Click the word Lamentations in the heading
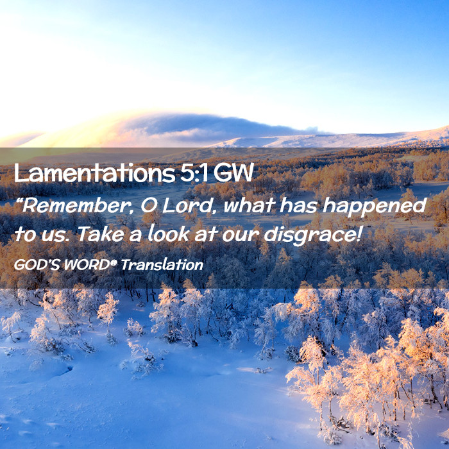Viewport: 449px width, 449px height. (95, 173)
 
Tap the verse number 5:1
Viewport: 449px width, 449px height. (194, 173)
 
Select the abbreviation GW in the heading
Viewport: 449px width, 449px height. (233, 173)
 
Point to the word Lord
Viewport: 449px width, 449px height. (187, 205)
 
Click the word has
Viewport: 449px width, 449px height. (298, 205)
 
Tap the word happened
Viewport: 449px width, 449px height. (375, 207)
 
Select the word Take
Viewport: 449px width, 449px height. (101, 233)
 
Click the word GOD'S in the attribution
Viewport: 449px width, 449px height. (37, 265)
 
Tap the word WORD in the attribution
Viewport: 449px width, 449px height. (87, 265)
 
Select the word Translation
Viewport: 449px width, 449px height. (162, 265)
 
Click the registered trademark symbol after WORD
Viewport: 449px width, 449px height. (114, 262)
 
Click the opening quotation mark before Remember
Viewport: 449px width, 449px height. (19, 201)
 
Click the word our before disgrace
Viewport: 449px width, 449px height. (241, 235)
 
